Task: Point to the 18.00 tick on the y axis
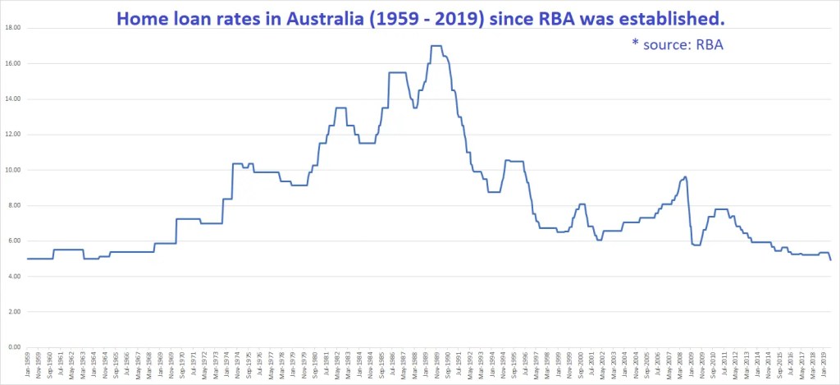pyautogui.click(x=11, y=28)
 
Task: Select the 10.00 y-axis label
pyautogui.click(x=11, y=170)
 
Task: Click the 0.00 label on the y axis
pyautogui.click(x=13, y=347)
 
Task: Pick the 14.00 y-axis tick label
pyautogui.click(x=11, y=99)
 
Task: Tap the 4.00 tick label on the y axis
pyautogui.click(x=13, y=277)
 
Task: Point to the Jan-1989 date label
pyautogui.click(x=426, y=366)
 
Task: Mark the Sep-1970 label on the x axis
pyautogui.click(x=183, y=366)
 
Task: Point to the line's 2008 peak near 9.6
pyautogui.click(x=685, y=176)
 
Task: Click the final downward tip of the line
pyautogui.click(x=830, y=259)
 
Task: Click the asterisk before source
pyautogui.click(x=635, y=44)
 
